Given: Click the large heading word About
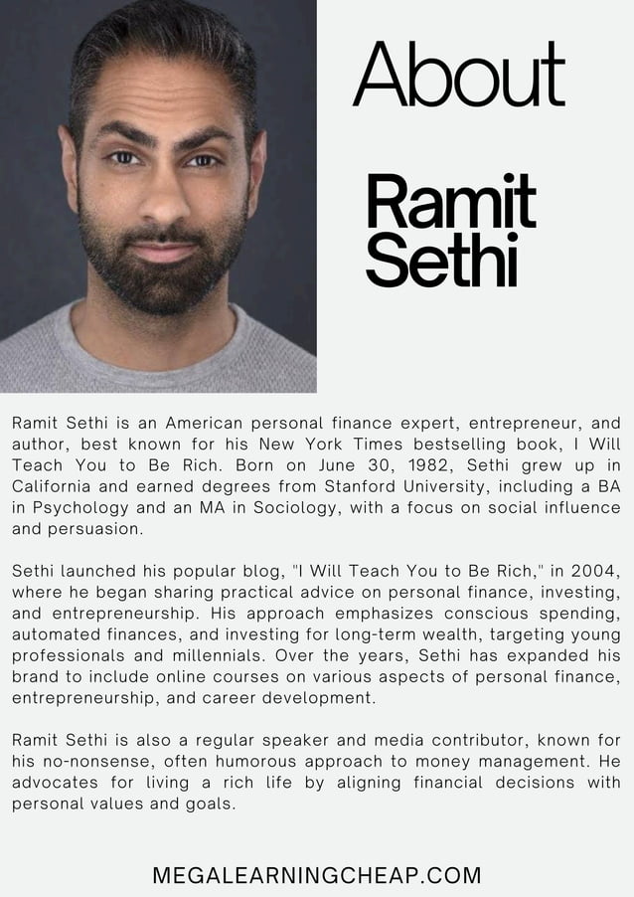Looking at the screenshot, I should (x=458, y=75).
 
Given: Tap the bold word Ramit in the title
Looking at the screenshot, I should (x=450, y=201).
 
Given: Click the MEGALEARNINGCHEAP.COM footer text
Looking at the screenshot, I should (x=317, y=876).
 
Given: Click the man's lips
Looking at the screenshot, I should (x=163, y=249).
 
